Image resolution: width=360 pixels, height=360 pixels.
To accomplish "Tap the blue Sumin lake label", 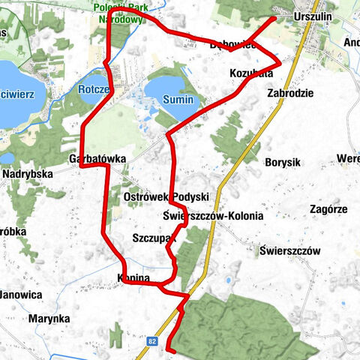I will point(178,100).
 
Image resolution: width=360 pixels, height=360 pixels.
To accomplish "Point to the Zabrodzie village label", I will point(289,94).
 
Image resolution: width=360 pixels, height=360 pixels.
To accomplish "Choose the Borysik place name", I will point(283,161).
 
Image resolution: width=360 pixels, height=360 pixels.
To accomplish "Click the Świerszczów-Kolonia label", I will point(212,216).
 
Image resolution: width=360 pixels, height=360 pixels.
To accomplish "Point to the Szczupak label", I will point(152,238).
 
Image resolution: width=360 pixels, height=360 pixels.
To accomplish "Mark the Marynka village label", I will point(49,318).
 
